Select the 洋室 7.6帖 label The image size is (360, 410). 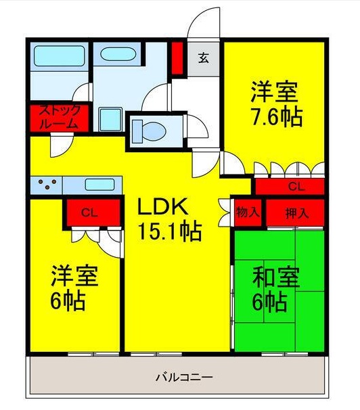[276, 104]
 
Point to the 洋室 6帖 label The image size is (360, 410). [74, 288]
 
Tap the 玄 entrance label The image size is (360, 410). [203, 58]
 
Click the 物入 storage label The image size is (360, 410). [248, 212]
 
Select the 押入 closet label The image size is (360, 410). [296, 212]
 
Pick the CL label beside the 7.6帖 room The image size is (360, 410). [296, 185]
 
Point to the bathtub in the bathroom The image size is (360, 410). [58, 54]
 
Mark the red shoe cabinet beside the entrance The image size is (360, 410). [177, 58]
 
